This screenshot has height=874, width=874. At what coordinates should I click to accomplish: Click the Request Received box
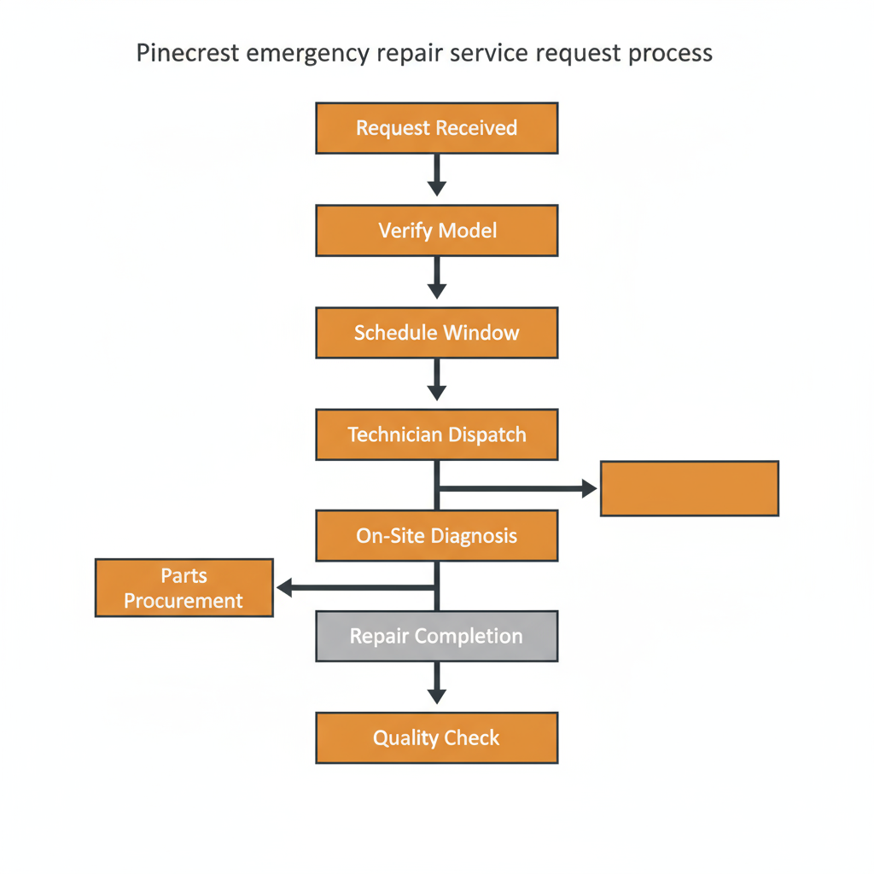point(436,128)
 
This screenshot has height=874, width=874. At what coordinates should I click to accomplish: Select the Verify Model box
point(436,230)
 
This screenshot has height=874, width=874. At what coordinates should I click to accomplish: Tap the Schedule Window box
point(436,333)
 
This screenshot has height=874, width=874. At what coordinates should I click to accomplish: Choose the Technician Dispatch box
point(436,434)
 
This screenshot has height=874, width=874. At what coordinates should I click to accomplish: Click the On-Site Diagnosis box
point(436,536)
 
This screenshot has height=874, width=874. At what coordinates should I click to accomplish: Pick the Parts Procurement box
point(184,588)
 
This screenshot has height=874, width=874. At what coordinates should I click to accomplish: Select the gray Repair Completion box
point(436,637)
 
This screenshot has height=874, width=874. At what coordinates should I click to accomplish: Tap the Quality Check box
point(436,738)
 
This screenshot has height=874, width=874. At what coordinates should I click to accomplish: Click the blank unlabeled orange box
point(689,488)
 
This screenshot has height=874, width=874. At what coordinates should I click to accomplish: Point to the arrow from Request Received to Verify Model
point(437,176)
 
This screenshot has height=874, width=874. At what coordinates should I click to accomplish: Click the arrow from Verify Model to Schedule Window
point(437,277)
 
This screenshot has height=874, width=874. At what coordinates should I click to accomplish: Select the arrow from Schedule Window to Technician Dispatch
point(437,380)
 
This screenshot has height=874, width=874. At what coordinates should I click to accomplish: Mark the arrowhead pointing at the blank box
point(589,488)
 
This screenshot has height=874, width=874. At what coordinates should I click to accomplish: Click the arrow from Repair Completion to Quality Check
point(437,684)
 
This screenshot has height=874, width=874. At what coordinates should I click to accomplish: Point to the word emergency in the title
point(307,53)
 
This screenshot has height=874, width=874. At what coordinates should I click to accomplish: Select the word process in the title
point(670,53)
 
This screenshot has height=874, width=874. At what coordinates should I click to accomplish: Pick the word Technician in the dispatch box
point(393,434)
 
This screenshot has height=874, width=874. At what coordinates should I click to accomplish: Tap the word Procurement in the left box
point(184,601)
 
